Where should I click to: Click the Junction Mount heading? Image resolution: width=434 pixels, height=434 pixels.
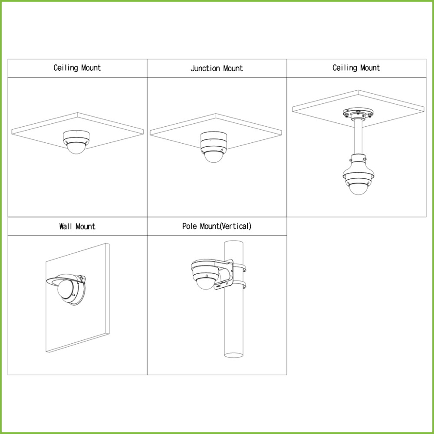(x=217, y=69)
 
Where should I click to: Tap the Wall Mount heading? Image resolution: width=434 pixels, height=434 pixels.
(x=77, y=227)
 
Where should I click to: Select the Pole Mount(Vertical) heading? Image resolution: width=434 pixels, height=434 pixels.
(x=217, y=227)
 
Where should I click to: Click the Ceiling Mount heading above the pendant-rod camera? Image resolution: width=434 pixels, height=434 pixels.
(x=356, y=68)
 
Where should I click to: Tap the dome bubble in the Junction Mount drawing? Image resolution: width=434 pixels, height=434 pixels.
(x=214, y=157)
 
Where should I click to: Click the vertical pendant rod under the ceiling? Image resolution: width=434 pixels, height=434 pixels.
(x=358, y=137)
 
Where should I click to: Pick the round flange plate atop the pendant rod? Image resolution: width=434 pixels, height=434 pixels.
(x=358, y=113)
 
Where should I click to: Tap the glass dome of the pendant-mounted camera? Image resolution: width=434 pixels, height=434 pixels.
(x=358, y=189)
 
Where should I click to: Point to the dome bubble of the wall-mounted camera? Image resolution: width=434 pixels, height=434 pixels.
(x=66, y=289)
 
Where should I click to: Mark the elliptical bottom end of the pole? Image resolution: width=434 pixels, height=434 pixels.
(x=233, y=355)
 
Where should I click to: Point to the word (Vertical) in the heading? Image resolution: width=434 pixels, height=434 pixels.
(x=235, y=227)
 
